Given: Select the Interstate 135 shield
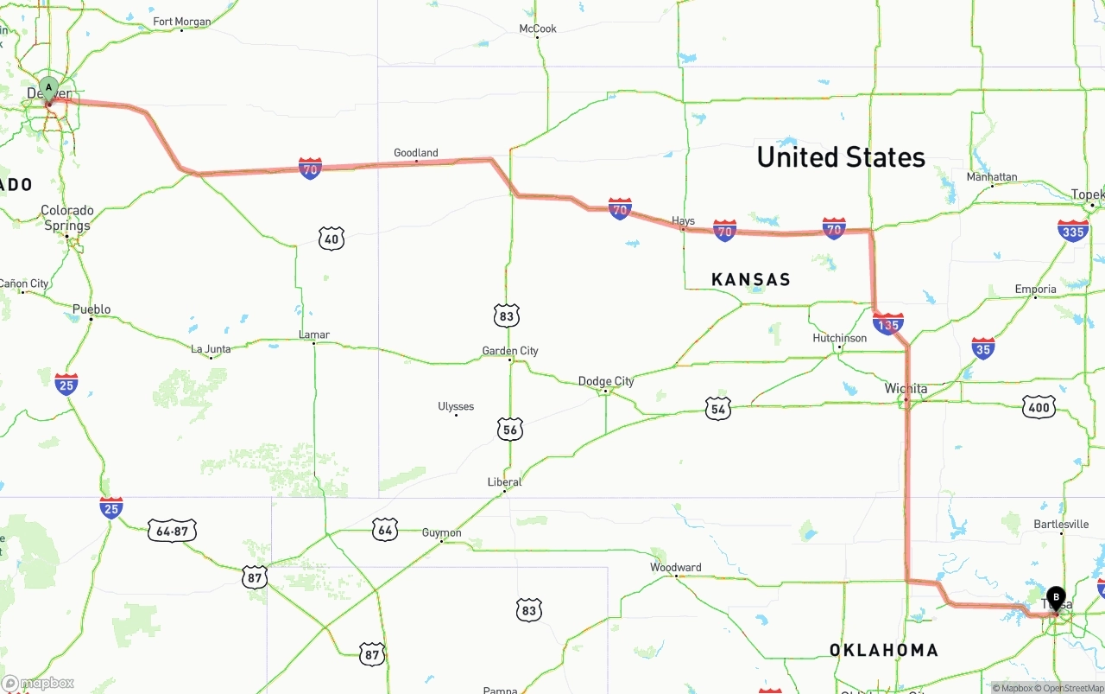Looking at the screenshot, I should click(x=888, y=324).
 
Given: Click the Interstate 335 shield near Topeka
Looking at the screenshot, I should click(x=1073, y=231).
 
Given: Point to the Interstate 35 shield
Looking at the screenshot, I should click(x=983, y=348).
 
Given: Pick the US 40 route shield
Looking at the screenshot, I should click(x=331, y=239).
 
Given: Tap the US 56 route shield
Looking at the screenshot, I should click(x=510, y=429).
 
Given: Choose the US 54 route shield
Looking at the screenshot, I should click(x=718, y=409).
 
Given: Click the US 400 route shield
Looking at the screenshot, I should click(x=1039, y=407).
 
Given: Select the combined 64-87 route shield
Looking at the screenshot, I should click(x=173, y=531).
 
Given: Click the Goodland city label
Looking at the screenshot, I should click(x=416, y=153).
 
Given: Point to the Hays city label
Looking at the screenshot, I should click(x=683, y=221).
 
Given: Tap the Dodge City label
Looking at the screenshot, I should click(x=606, y=381).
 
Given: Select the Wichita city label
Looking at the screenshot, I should click(x=906, y=389).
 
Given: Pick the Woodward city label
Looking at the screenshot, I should click(x=676, y=568).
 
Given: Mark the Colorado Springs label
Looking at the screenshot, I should click(x=67, y=218).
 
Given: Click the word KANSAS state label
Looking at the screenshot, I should click(x=751, y=279).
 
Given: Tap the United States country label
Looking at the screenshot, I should click(x=841, y=157).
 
